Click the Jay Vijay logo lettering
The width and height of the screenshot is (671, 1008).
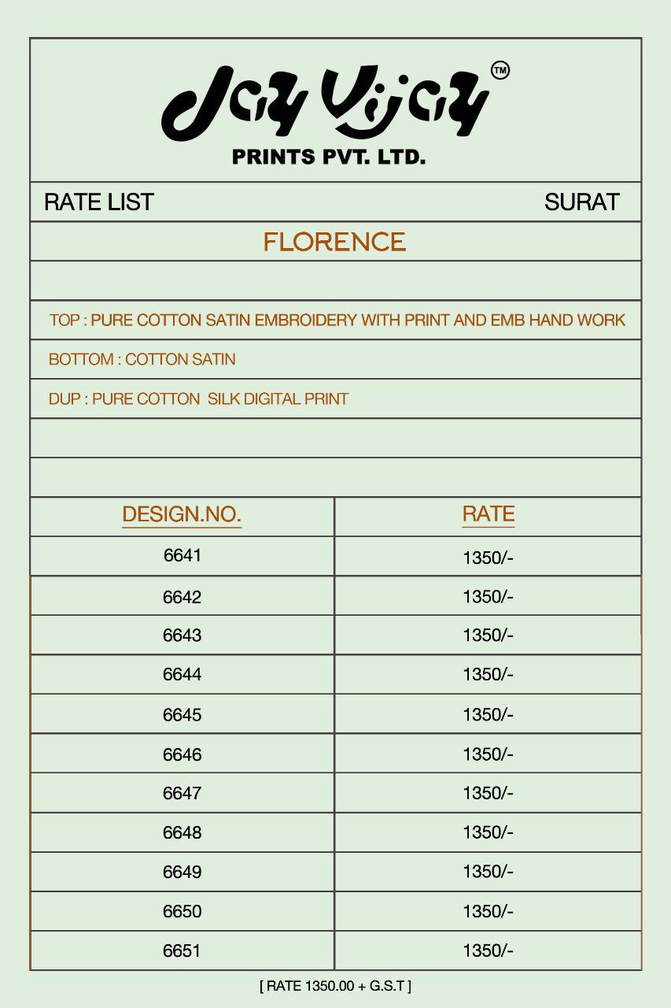tap(325, 102)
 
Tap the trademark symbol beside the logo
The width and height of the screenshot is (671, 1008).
tap(500, 71)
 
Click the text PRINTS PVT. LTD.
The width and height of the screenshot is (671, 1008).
tap(329, 157)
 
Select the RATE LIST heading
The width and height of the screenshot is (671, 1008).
tap(98, 202)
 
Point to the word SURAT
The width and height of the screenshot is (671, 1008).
tap(581, 202)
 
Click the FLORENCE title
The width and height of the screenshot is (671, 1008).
tap(334, 242)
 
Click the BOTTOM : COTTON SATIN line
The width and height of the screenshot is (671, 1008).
tap(142, 360)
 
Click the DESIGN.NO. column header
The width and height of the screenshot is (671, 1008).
tap(182, 515)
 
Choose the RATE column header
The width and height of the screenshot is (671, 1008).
tap(488, 514)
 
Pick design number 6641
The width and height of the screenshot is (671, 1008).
tap(182, 556)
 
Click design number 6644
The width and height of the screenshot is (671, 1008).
tap(182, 675)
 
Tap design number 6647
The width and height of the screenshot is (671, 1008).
tap(182, 794)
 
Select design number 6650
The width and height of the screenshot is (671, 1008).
tap(182, 912)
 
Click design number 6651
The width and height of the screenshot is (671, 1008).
tap(182, 951)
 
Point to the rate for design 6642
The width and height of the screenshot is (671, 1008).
tap(488, 597)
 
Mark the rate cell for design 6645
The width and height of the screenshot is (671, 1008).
tap(488, 715)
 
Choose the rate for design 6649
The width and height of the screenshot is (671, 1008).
tap(488, 873)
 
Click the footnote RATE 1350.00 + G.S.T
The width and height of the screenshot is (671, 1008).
tap(335, 985)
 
